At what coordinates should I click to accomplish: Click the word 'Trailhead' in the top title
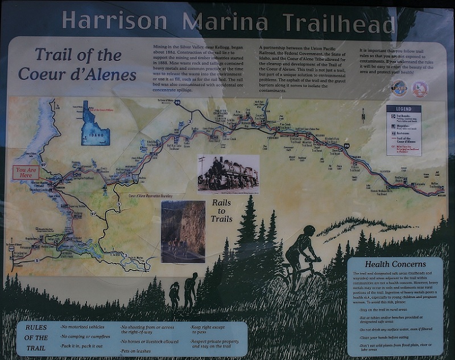(x=339, y=23)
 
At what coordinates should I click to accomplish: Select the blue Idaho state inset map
(x=95, y=123)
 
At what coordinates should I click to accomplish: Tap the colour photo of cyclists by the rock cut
(x=183, y=231)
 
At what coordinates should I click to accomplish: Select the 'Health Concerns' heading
(x=395, y=264)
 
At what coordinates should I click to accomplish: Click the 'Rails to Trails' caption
(x=222, y=210)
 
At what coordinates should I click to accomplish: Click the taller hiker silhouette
(x=191, y=290)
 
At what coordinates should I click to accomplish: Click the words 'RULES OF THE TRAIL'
(x=36, y=338)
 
